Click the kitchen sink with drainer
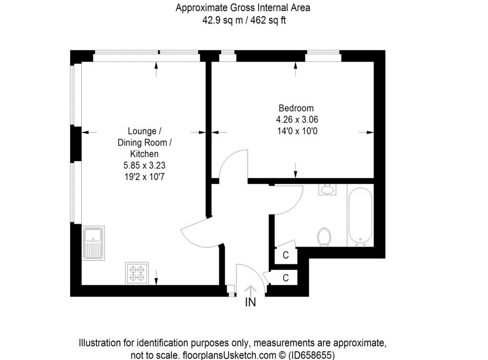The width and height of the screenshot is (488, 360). [x=93, y=243]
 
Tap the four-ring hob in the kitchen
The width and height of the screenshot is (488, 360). [x=137, y=273]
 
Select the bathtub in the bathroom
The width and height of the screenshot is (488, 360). [x=360, y=215]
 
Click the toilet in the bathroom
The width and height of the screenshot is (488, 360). [x=325, y=237]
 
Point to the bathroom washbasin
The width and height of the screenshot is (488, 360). [x=327, y=189]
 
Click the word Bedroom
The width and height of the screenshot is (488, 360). [x=296, y=108]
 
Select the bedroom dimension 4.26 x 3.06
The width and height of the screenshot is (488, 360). [x=297, y=120]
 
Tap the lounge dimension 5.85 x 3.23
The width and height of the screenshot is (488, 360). [x=144, y=165]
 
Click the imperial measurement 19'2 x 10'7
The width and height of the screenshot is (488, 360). [x=144, y=177]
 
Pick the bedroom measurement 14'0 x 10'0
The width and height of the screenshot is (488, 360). [x=297, y=131]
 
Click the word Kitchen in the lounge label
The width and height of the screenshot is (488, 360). [x=144, y=154]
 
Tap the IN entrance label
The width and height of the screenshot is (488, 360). [x=251, y=302]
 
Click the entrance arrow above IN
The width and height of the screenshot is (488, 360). [x=251, y=291]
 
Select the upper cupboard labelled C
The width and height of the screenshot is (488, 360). [x=286, y=255]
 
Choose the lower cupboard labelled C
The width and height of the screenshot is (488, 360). [x=285, y=278]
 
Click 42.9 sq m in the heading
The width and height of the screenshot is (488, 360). [x=222, y=20]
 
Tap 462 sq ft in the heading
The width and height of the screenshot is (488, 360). [x=268, y=20]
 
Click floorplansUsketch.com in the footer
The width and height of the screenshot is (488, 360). [x=229, y=355]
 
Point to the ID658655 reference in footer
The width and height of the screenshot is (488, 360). [x=312, y=355]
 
